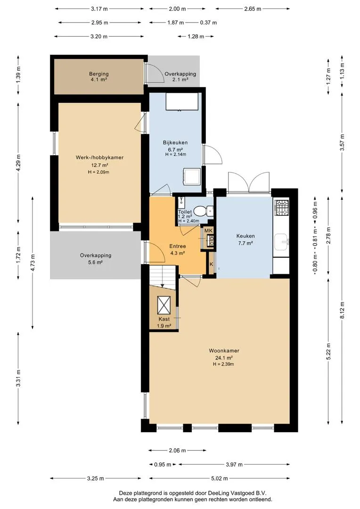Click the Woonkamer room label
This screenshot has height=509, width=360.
[224, 351]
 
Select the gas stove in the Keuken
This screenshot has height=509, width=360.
[281, 208]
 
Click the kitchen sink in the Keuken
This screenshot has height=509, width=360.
[281, 242]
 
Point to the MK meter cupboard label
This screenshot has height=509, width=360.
[208, 230]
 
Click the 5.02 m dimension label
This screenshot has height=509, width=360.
[220, 478]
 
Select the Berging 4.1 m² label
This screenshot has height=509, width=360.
[98, 77]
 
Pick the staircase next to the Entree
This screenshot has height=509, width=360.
[163, 277]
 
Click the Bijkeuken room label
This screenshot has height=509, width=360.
[175, 142]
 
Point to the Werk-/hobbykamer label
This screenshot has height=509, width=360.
[99, 157]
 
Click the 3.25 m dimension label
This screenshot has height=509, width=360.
[96, 478]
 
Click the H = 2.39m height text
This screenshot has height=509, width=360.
[223, 364]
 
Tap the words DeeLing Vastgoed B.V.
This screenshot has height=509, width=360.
[240, 493]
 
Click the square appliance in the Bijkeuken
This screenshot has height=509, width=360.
[191, 176]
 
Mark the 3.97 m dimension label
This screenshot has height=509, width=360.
[234, 465]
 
